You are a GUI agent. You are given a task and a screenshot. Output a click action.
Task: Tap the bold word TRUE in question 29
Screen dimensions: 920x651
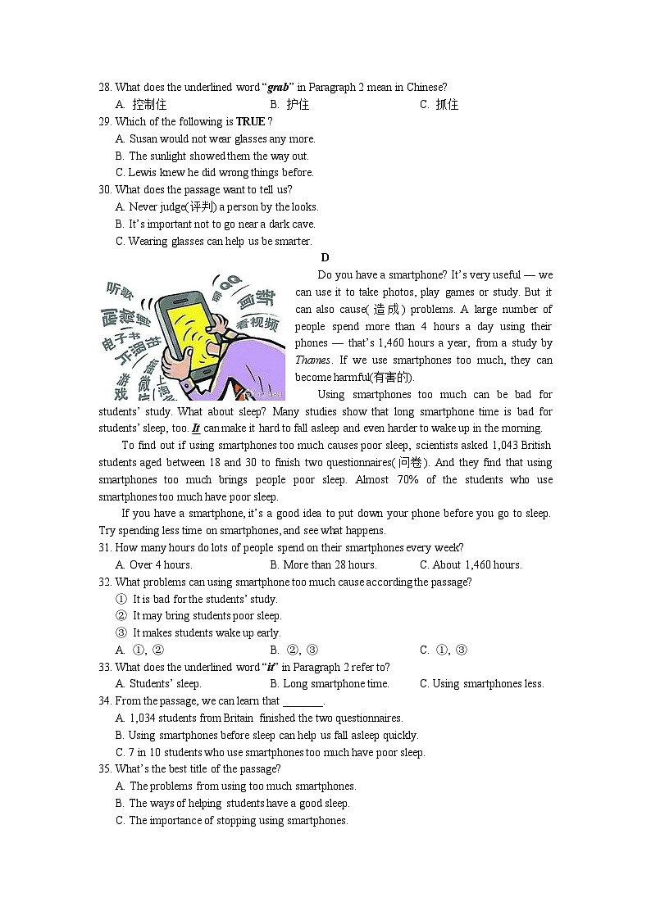point(251,122)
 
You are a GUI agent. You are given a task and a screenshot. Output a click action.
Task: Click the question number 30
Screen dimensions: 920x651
point(105,190)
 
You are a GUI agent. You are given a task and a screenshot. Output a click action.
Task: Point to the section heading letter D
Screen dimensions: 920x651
point(325,258)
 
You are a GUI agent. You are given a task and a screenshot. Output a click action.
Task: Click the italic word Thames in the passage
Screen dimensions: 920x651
point(312,360)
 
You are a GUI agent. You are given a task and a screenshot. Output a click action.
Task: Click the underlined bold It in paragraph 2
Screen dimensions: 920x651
point(196,428)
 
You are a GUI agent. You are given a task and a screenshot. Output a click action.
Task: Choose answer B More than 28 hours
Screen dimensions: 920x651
point(322,565)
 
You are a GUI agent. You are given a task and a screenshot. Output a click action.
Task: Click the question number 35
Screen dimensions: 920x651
point(105,769)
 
